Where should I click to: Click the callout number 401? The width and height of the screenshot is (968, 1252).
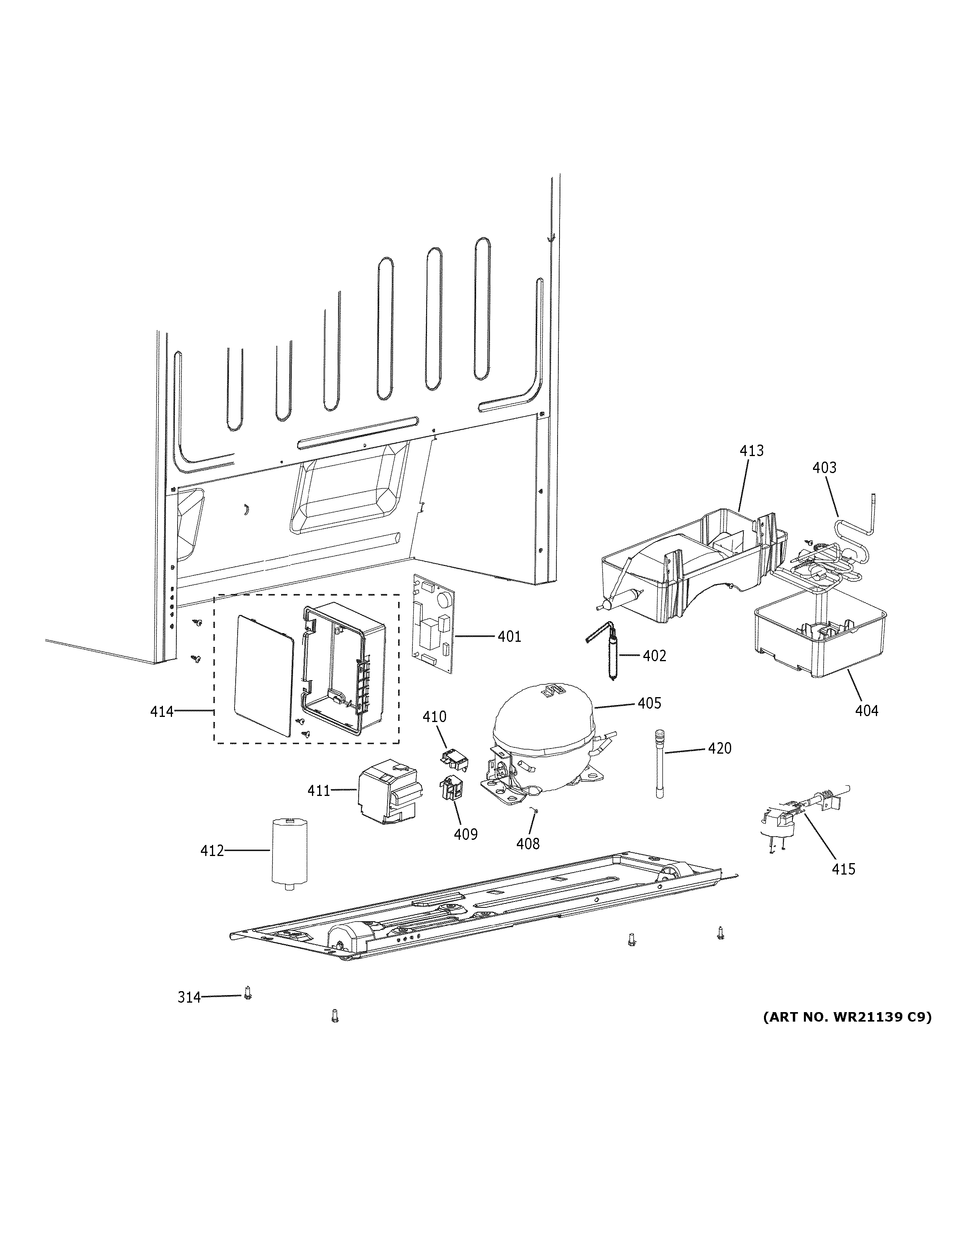click(509, 636)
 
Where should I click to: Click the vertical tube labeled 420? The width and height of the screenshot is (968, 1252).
click(660, 764)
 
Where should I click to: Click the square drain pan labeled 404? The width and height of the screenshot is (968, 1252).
click(820, 636)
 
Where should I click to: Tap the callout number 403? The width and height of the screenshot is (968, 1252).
click(824, 468)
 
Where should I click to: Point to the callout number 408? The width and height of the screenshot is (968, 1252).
click(527, 843)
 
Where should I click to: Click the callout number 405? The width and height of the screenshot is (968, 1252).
click(649, 703)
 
